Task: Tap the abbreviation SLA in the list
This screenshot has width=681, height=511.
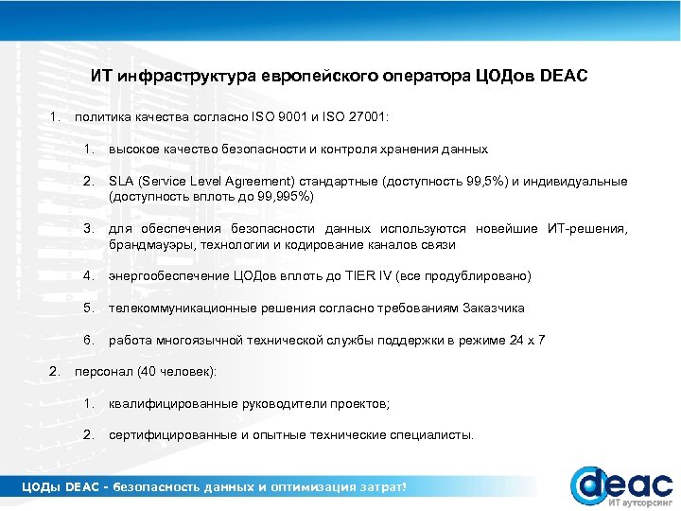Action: click(121, 182)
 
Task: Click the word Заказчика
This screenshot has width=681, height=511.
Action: click(492, 308)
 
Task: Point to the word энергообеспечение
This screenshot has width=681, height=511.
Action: click(169, 276)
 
